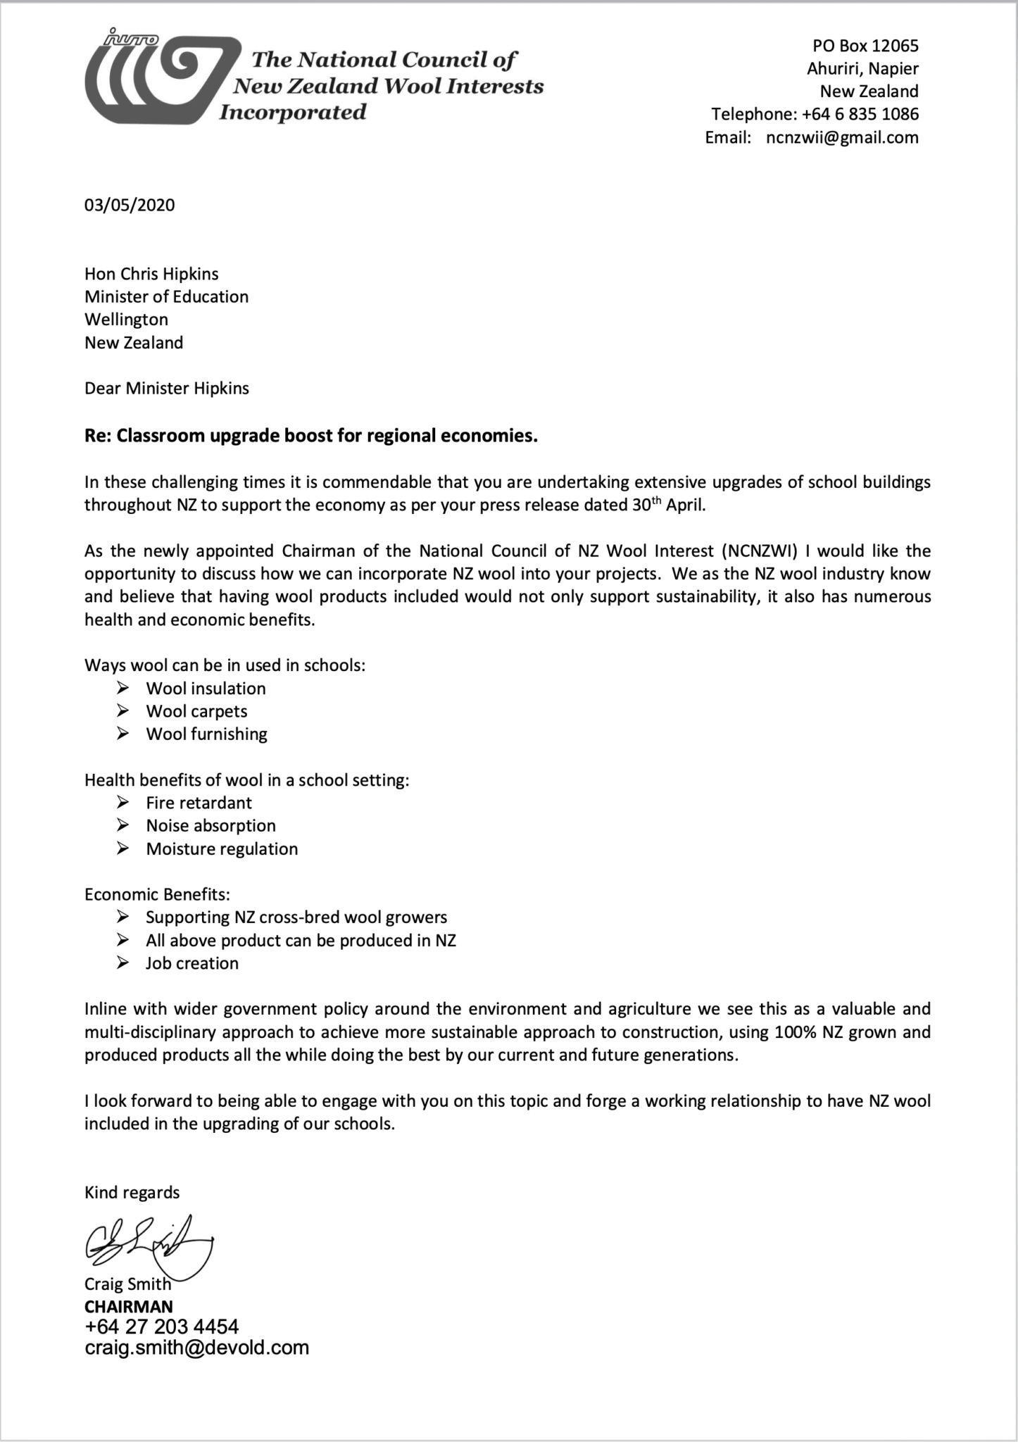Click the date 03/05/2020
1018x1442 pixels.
[x=130, y=205]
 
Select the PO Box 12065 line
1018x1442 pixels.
[x=865, y=46]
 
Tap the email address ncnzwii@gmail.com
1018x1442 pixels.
[x=842, y=137]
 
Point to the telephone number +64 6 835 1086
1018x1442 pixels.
[x=860, y=114]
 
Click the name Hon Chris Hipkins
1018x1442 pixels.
[x=151, y=274]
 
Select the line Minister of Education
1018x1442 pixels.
[x=166, y=296]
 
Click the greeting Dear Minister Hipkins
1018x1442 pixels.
[x=166, y=388]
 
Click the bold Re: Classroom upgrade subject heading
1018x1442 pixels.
[x=310, y=436]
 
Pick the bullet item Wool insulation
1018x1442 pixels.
[x=206, y=688]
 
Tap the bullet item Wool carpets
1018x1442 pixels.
[x=196, y=711]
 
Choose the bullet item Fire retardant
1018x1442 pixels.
[x=199, y=803]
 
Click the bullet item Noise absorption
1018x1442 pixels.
[x=210, y=825]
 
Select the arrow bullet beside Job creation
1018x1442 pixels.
[x=123, y=963]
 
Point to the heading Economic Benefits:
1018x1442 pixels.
[x=157, y=894]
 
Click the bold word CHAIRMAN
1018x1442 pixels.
[x=128, y=1306]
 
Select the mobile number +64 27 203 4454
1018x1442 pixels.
[x=161, y=1327]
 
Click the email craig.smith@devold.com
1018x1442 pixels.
[x=196, y=1348]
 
